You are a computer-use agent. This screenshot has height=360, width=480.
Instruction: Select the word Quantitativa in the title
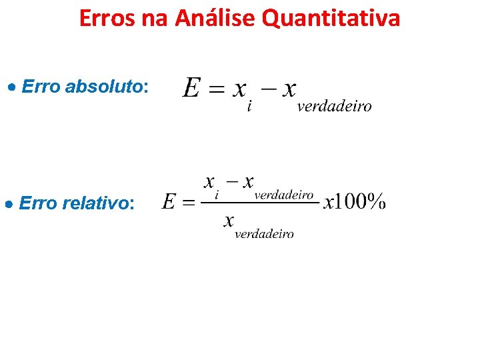(x=331, y=18)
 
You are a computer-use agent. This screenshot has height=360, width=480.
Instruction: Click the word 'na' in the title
(x=155, y=18)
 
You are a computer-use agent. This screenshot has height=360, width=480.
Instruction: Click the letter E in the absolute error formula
(x=191, y=88)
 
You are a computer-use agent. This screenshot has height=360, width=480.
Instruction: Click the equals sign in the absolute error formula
(x=216, y=89)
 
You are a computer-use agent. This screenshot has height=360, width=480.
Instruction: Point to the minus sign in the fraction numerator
(x=231, y=181)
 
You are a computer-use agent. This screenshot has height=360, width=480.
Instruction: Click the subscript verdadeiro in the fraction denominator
(x=264, y=234)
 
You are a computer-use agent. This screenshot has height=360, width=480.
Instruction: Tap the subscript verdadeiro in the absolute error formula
(x=334, y=107)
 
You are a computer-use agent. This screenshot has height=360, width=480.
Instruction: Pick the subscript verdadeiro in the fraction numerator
(x=284, y=195)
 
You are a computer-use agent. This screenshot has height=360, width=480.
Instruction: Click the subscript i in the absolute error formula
(x=249, y=107)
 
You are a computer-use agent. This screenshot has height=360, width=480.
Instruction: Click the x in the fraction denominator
(x=229, y=219)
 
